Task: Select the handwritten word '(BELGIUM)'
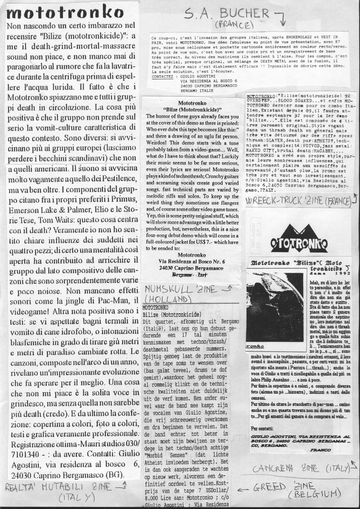(x=315, y=494)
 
